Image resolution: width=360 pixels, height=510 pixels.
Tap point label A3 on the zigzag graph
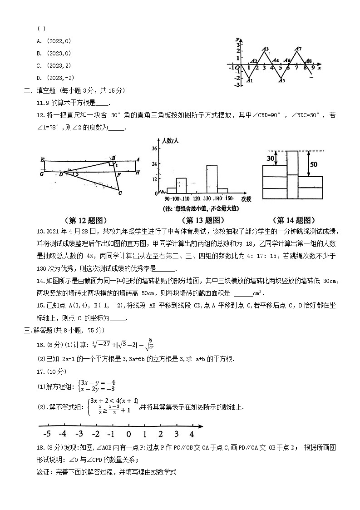pos(266,49)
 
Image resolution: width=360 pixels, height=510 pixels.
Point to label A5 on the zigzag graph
pos(282,81)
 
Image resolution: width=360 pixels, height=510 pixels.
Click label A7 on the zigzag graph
pos(298,49)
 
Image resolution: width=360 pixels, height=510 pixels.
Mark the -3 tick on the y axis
pos(237,85)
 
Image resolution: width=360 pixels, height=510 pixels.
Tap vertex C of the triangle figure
pos(120,193)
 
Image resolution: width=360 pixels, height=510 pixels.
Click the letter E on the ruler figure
pos(42,159)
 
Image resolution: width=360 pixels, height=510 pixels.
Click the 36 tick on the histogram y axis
pos(154,149)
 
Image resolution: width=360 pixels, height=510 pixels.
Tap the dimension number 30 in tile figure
pos(271,158)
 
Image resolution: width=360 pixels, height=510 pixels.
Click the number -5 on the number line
pos(47,433)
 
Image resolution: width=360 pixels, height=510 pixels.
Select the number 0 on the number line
pos(128,433)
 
